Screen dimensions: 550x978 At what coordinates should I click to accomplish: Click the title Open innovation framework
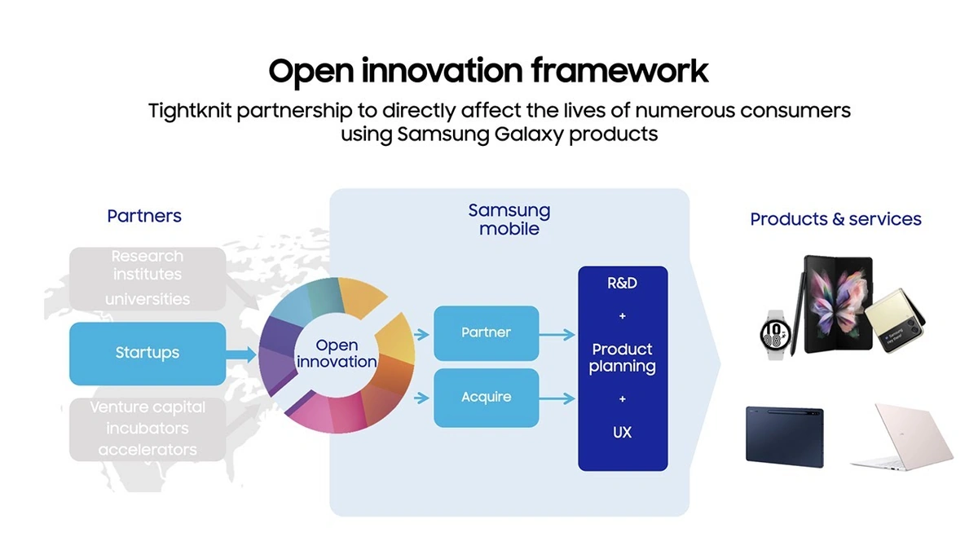coord(488,71)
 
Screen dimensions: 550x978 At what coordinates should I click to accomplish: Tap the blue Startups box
coord(147,354)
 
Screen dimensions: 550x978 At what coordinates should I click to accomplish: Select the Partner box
coord(486,332)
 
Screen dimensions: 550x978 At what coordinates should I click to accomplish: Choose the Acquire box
coord(486,398)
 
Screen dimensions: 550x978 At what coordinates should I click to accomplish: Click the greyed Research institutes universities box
coord(147,278)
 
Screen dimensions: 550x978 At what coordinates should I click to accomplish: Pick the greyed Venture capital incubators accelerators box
coord(147,429)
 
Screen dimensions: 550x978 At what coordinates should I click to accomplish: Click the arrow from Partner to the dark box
coord(557,333)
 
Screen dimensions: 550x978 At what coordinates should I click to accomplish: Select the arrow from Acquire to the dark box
coord(557,398)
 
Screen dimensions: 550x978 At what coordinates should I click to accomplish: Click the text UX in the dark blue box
coord(622,433)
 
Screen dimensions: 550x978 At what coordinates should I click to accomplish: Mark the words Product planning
coord(622,358)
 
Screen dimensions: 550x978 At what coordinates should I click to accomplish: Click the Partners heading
coord(144,216)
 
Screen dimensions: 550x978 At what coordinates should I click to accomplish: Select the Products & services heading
coord(835,219)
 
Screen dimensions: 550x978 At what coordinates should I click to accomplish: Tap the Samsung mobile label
coord(509,220)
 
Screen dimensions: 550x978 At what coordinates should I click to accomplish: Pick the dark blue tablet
coord(784,436)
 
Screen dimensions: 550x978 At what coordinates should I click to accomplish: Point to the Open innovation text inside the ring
coord(337,354)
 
